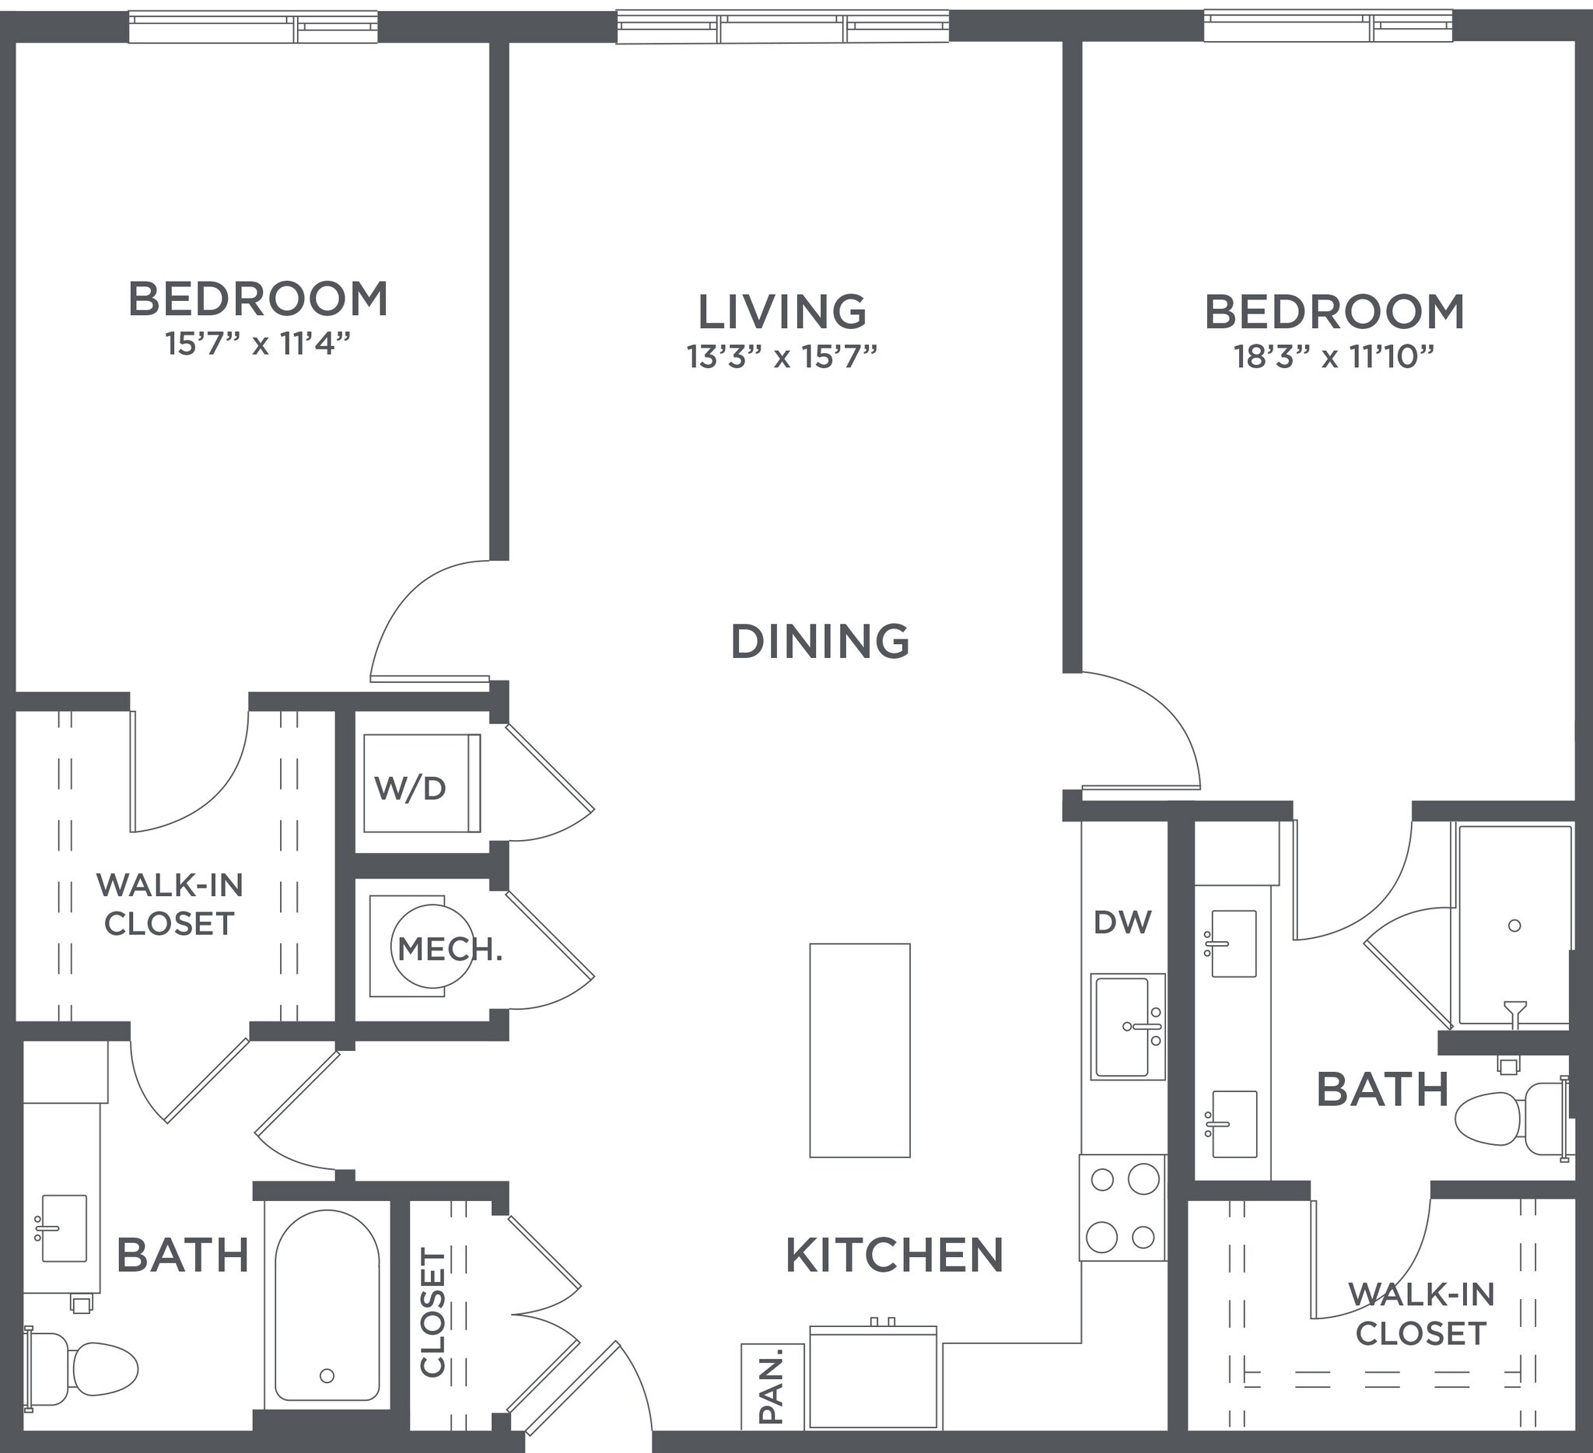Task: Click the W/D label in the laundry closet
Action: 410,788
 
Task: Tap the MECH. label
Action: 449,949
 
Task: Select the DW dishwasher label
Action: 1123,922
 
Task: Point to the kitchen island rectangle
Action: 860,1050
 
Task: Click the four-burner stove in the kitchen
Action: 1122,1207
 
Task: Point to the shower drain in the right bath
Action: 1514,925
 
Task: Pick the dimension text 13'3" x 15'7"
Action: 782,357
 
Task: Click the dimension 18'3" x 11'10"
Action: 1334,357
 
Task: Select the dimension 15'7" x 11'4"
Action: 257,344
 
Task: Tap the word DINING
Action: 820,641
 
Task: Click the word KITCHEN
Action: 895,1255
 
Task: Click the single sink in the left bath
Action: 63,1228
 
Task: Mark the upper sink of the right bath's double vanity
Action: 1234,944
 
